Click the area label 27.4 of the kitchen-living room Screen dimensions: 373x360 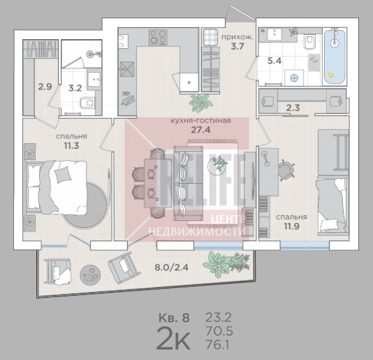pos(200,130)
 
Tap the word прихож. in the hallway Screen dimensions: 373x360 pos(237,37)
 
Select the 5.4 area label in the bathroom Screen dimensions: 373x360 pos(275,61)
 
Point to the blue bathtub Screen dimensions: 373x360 pos(335,57)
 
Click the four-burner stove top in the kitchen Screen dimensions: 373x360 pos(158,37)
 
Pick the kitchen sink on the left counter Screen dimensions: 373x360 pos(127,69)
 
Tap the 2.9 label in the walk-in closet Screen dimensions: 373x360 pos(45,87)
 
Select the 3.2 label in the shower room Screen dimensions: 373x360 pos(75,88)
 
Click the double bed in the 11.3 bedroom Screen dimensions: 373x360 pos(56,187)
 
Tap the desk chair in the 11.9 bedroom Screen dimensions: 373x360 pos(286,170)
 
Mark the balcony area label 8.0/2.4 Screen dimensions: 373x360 pos(172,268)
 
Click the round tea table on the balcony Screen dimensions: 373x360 pos(90,275)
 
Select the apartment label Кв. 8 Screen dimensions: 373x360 pos(174,318)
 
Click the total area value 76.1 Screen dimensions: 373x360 pos(217,345)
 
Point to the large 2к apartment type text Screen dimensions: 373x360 pos(173,338)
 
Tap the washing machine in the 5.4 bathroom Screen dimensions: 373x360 pos(294,78)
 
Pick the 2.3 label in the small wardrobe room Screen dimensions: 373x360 pos(293,108)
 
